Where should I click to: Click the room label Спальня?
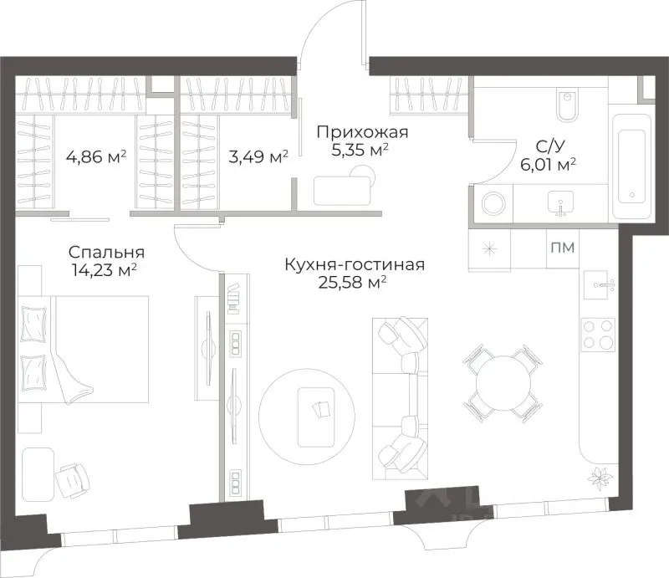[106, 252]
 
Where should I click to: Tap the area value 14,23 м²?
[105, 269]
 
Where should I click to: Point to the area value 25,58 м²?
[353, 283]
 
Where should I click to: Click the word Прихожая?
[361, 131]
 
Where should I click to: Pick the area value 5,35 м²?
[361, 149]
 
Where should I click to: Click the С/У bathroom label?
[535, 145]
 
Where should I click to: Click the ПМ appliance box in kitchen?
[561, 247]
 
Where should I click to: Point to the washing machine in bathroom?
[491, 203]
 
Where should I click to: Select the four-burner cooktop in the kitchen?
[597, 333]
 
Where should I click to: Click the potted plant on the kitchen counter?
[599, 478]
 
